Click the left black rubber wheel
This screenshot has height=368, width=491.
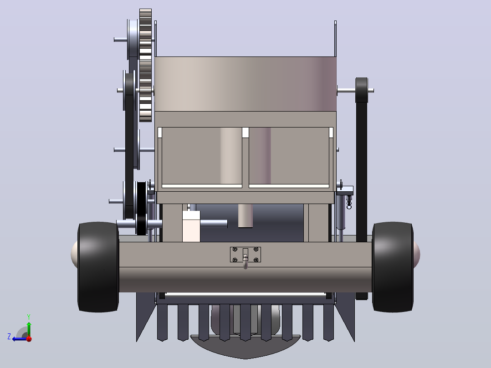pos(98,267)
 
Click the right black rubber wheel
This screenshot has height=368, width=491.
pos(393,267)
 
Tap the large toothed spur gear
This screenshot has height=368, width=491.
pos(145,65)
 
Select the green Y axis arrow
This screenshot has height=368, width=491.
pos(29,325)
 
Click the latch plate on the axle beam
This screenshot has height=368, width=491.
pos(245,254)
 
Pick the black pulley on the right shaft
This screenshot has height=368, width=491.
pos(362,90)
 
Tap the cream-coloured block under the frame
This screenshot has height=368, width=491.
pos(191,226)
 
